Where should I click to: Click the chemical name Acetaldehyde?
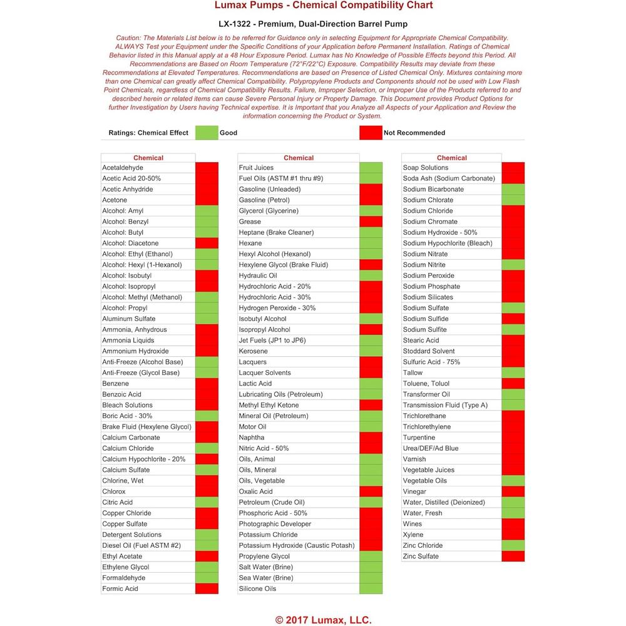(x=123, y=168)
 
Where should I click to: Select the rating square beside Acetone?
(x=207, y=200)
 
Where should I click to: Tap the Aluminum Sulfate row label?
(x=129, y=319)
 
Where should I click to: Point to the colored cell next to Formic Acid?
(x=207, y=588)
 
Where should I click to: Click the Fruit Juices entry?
(x=256, y=168)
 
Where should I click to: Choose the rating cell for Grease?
(x=371, y=222)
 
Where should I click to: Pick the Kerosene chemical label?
(x=253, y=351)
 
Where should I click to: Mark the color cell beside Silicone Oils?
(x=371, y=588)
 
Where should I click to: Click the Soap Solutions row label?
(x=426, y=168)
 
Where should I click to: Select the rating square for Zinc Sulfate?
(x=513, y=557)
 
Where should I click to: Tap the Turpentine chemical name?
(x=419, y=438)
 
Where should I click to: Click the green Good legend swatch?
(x=207, y=133)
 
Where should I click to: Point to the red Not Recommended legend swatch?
(x=371, y=133)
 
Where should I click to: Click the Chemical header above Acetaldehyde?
(x=148, y=158)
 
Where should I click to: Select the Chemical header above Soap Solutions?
(x=452, y=158)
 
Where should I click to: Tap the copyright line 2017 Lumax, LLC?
(x=324, y=620)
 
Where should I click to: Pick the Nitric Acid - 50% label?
(x=264, y=448)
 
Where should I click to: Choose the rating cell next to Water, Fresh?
(x=513, y=513)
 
